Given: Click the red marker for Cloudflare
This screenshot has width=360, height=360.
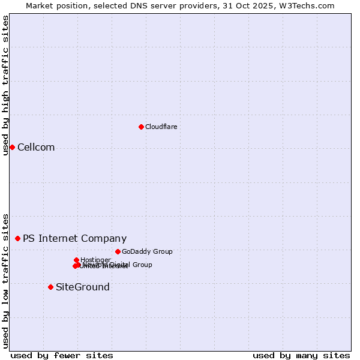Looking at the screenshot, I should pos(141,127).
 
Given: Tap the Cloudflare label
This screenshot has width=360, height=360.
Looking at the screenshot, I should pos(161,127).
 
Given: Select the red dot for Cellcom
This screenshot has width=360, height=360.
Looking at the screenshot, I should pos(12,147).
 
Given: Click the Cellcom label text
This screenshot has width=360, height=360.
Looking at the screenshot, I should pos(36,148).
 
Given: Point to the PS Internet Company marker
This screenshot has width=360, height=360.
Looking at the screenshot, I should pos(17,238).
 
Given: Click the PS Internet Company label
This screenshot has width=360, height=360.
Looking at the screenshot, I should pos(74,238).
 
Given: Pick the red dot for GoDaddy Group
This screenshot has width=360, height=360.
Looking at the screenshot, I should pos(118,251).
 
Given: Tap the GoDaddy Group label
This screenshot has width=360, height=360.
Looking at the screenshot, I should pos(147,251).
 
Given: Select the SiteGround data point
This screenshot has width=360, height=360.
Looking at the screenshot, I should pos(50,287).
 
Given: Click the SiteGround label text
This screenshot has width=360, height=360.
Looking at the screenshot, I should pos(83,287).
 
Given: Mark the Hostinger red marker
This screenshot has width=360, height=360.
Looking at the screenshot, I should pos(77,260).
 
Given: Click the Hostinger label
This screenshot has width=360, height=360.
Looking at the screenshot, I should pos(95,260).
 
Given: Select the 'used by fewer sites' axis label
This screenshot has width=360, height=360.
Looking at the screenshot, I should pos(62,355).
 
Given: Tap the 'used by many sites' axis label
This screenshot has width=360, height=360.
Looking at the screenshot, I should pos(301,355).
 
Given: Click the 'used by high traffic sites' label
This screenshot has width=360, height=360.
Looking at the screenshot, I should pos(5,85).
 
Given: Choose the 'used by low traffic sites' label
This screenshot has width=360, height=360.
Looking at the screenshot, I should pos(5,280).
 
